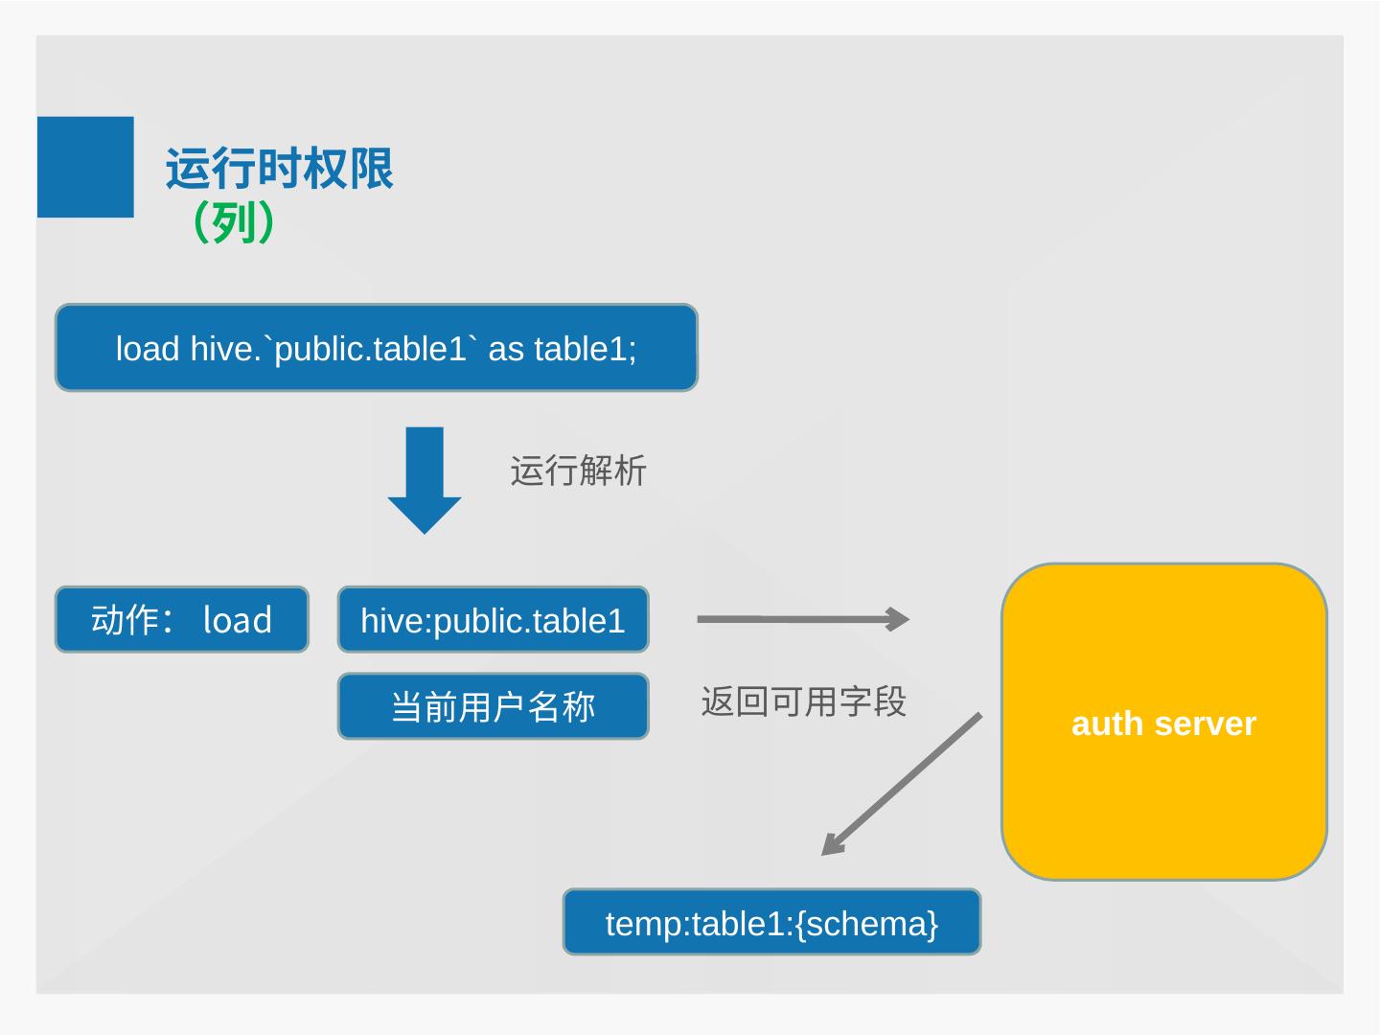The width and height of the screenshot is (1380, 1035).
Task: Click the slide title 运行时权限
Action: pos(279,169)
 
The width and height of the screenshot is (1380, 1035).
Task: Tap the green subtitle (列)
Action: pos(233,222)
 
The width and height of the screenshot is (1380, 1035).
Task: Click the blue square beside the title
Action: pos(85,167)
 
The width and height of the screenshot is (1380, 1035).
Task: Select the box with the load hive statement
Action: pos(376,347)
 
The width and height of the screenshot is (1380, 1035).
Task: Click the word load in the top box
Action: pos(147,349)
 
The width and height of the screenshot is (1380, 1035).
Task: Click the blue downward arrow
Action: pos(425,479)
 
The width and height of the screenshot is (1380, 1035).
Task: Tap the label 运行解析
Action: pos(578,471)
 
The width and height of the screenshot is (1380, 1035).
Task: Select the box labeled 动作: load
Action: pos(181,620)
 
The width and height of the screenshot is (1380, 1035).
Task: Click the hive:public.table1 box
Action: pos(493,620)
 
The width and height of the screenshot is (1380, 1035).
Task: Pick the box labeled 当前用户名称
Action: pos(493,706)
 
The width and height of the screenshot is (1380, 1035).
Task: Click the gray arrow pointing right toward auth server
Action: pos(803,619)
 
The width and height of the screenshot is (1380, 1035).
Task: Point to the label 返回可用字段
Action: pos(803,701)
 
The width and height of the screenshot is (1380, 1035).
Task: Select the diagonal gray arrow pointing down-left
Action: pos(901,784)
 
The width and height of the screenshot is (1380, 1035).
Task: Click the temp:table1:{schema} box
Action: pos(771,922)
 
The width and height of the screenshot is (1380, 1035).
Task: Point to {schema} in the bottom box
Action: pos(866,924)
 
